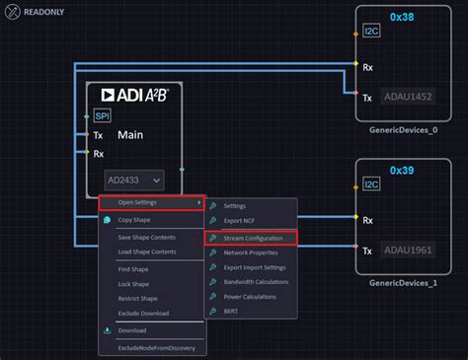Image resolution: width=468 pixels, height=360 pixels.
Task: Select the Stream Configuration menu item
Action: pyautogui.click(x=254, y=238)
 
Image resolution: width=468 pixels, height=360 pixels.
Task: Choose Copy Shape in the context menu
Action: pyautogui.click(x=134, y=220)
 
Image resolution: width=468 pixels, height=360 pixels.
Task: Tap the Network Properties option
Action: pyautogui.click(x=251, y=252)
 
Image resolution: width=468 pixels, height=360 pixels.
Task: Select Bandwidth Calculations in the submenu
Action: pyautogui.click(x=257, y=282)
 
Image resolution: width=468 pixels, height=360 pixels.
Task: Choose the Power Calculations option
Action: pyautogui.click(x=251, y=297)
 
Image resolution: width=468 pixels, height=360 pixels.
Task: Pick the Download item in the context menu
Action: pyautogui.click(x=132, y=330)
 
